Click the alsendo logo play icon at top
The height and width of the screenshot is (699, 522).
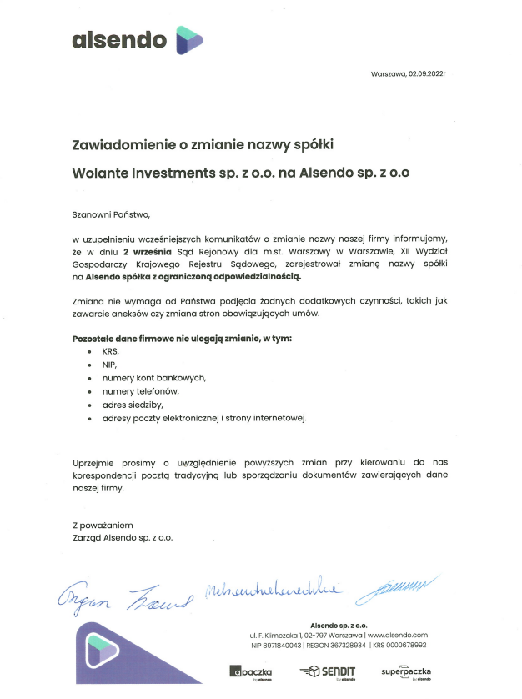tap(189, 38)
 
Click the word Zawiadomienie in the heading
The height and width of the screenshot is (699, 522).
tap(116, 145)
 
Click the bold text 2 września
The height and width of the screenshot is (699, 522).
tap(147, 250)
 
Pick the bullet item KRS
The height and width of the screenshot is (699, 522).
tap(111, 352)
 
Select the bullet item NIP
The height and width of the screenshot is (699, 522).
tap(109, 365)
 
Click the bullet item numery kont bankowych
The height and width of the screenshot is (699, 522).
tap(153, 378)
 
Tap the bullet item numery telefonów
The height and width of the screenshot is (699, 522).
tap(141, 390)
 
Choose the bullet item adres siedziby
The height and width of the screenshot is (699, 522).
tap(132, 404)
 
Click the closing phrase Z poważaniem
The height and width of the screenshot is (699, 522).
tap(103, 526)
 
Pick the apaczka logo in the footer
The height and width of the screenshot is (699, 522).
tap(251, 671)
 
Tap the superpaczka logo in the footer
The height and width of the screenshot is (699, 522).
tap(406, 671)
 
